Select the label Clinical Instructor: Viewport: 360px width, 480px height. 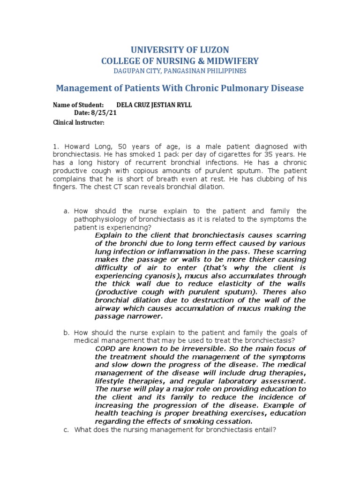[x=78, y=122]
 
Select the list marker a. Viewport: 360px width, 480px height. [x=66, y=211]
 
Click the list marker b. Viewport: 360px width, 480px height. [x=66, y=332]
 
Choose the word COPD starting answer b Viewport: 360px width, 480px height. [x=104, y=349]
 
